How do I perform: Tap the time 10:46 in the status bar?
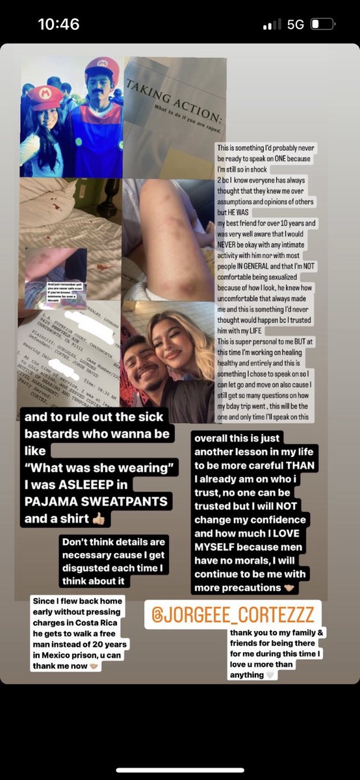(x=58, y=25)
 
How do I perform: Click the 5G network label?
(x=295, y=25)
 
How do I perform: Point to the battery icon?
(x=322, y=25)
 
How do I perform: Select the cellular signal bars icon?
(x=272, y=25)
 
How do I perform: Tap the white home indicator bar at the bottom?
(x=180, y=770)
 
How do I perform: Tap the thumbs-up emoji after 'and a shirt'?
(x=99, y=519)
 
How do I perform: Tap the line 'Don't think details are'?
(x=114, y=542)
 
